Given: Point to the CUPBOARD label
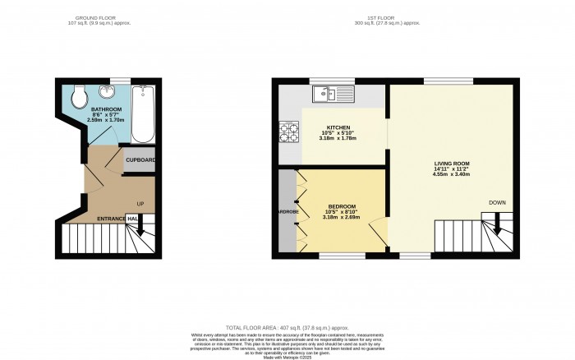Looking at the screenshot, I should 140,159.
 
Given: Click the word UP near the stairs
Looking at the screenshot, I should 140,203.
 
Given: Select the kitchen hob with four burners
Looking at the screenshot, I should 291,130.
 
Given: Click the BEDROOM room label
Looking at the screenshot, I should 342,205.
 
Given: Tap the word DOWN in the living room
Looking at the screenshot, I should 497,201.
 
